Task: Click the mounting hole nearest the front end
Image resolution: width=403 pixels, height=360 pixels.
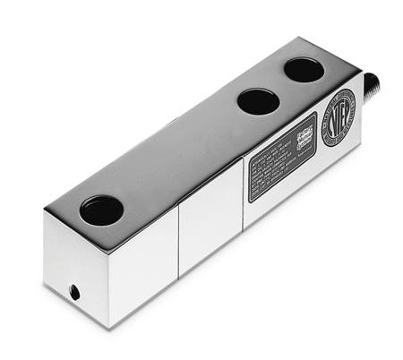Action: (101, 210)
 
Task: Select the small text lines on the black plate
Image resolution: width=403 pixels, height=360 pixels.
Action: (273, 170)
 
